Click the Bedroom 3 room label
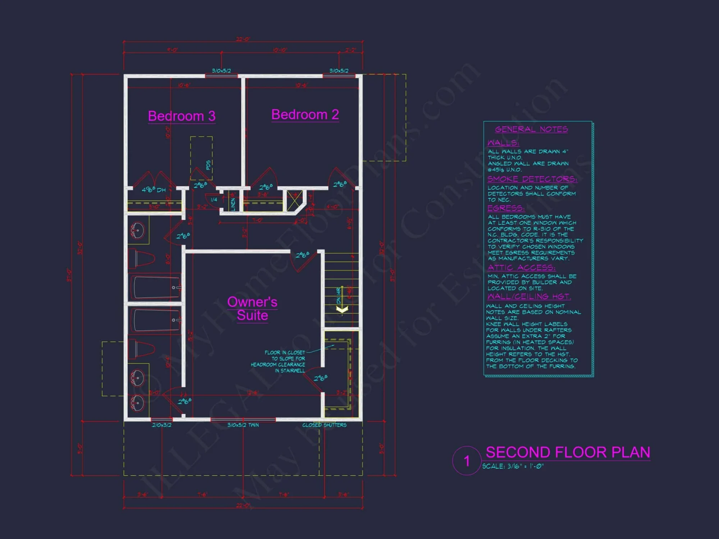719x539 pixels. click(x=182, y=116)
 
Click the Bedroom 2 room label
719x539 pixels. click(x=305, y=115)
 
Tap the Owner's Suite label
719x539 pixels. click(x=252, y=308)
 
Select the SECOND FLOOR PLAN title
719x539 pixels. click(x=568, y=452)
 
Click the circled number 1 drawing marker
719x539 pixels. click(x=467, y=461)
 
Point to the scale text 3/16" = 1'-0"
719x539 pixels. click(x=513, y=466)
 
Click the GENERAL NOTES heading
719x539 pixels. click(x=531, y=129)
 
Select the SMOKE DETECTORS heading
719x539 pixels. click(x=532, y=179)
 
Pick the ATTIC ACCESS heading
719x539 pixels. click(x=521, y=268)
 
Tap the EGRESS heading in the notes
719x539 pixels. click(x=506, y=208)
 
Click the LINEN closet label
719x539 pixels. click(x=233, y=204)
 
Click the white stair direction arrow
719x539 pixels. click(x=342, y=309)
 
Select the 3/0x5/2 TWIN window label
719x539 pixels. click(x=243, y=425)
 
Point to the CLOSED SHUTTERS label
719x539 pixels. click(x=324, y=425)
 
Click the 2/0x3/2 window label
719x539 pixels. click(x=162, y=425)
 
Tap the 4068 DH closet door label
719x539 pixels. click(x=154, y=190)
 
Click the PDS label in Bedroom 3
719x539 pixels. click(x=208, y=165)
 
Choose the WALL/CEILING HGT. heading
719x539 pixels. click(x=529, y=297)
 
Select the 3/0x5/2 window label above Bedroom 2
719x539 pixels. click(x=339, y=71)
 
